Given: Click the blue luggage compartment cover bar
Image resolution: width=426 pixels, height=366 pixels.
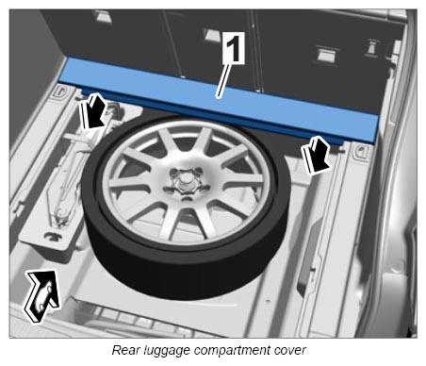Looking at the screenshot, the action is tap(220, 100).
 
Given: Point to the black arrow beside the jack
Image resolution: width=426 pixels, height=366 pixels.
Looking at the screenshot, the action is tap(92, 110).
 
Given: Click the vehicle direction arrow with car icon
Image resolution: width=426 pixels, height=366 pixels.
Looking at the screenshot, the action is tap(41, 295).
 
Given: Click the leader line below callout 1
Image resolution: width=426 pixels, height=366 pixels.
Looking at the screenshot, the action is tap(225, 80).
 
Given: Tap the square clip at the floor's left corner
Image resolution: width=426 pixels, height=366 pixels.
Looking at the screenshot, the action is tap(62, 92).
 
